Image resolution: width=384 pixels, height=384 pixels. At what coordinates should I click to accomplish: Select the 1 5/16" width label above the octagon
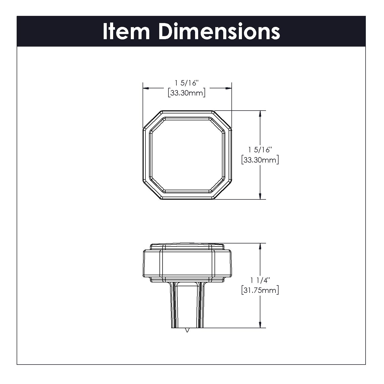187,83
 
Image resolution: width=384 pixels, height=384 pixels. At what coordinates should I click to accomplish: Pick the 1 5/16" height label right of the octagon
260,150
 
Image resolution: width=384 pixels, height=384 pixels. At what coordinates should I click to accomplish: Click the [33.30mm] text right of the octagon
260,160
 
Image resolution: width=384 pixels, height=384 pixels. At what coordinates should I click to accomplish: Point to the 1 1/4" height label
260,280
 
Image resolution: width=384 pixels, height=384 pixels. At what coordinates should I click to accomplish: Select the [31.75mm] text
260,291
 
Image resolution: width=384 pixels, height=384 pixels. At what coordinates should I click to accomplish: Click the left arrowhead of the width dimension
146,88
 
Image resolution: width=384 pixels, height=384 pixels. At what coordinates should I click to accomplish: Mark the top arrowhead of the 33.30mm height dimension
260,114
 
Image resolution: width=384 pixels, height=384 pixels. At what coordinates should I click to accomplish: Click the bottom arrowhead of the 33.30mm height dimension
260,196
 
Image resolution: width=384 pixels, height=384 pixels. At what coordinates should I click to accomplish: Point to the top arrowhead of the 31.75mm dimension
260,247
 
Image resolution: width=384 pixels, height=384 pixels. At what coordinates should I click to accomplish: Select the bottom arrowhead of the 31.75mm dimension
260,325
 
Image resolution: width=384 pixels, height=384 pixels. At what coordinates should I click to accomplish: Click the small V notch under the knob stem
187,330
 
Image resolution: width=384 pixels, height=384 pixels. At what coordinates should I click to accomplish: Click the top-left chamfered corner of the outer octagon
152,119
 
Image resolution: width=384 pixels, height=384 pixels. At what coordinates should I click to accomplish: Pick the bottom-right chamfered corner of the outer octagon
222,190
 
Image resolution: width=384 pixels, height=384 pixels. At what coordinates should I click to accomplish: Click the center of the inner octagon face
187,155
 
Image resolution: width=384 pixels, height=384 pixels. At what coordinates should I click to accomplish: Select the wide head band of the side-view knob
187,264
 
